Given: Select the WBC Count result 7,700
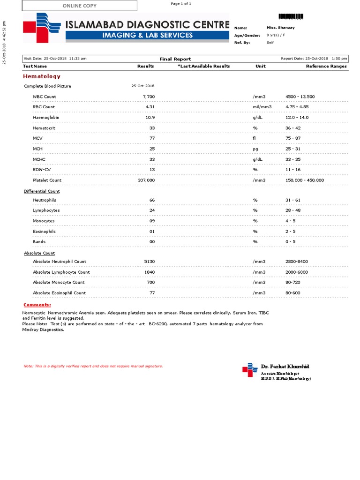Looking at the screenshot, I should [149, 97].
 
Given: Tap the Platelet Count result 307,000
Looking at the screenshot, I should [146, 180].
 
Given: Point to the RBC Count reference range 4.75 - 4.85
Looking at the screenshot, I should [297, 107].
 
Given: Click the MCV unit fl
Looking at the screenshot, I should [255, 138].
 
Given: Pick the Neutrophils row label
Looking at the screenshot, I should [45, 200].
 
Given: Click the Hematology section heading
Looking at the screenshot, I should [42, 76].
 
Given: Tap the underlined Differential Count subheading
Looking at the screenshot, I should [42, 191].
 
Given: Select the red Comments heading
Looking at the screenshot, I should [37, 305].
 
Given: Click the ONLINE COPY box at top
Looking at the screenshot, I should [80, 6].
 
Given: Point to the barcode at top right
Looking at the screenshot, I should [291, 16].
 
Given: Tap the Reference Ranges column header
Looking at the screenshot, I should [326, 66].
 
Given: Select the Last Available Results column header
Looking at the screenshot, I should [203, 66].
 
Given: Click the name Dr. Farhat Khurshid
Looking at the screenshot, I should [285, 366].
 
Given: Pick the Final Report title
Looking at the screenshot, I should [175, 59].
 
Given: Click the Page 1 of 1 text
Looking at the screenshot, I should [181, 4].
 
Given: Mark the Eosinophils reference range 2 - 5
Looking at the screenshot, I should [291, 232].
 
